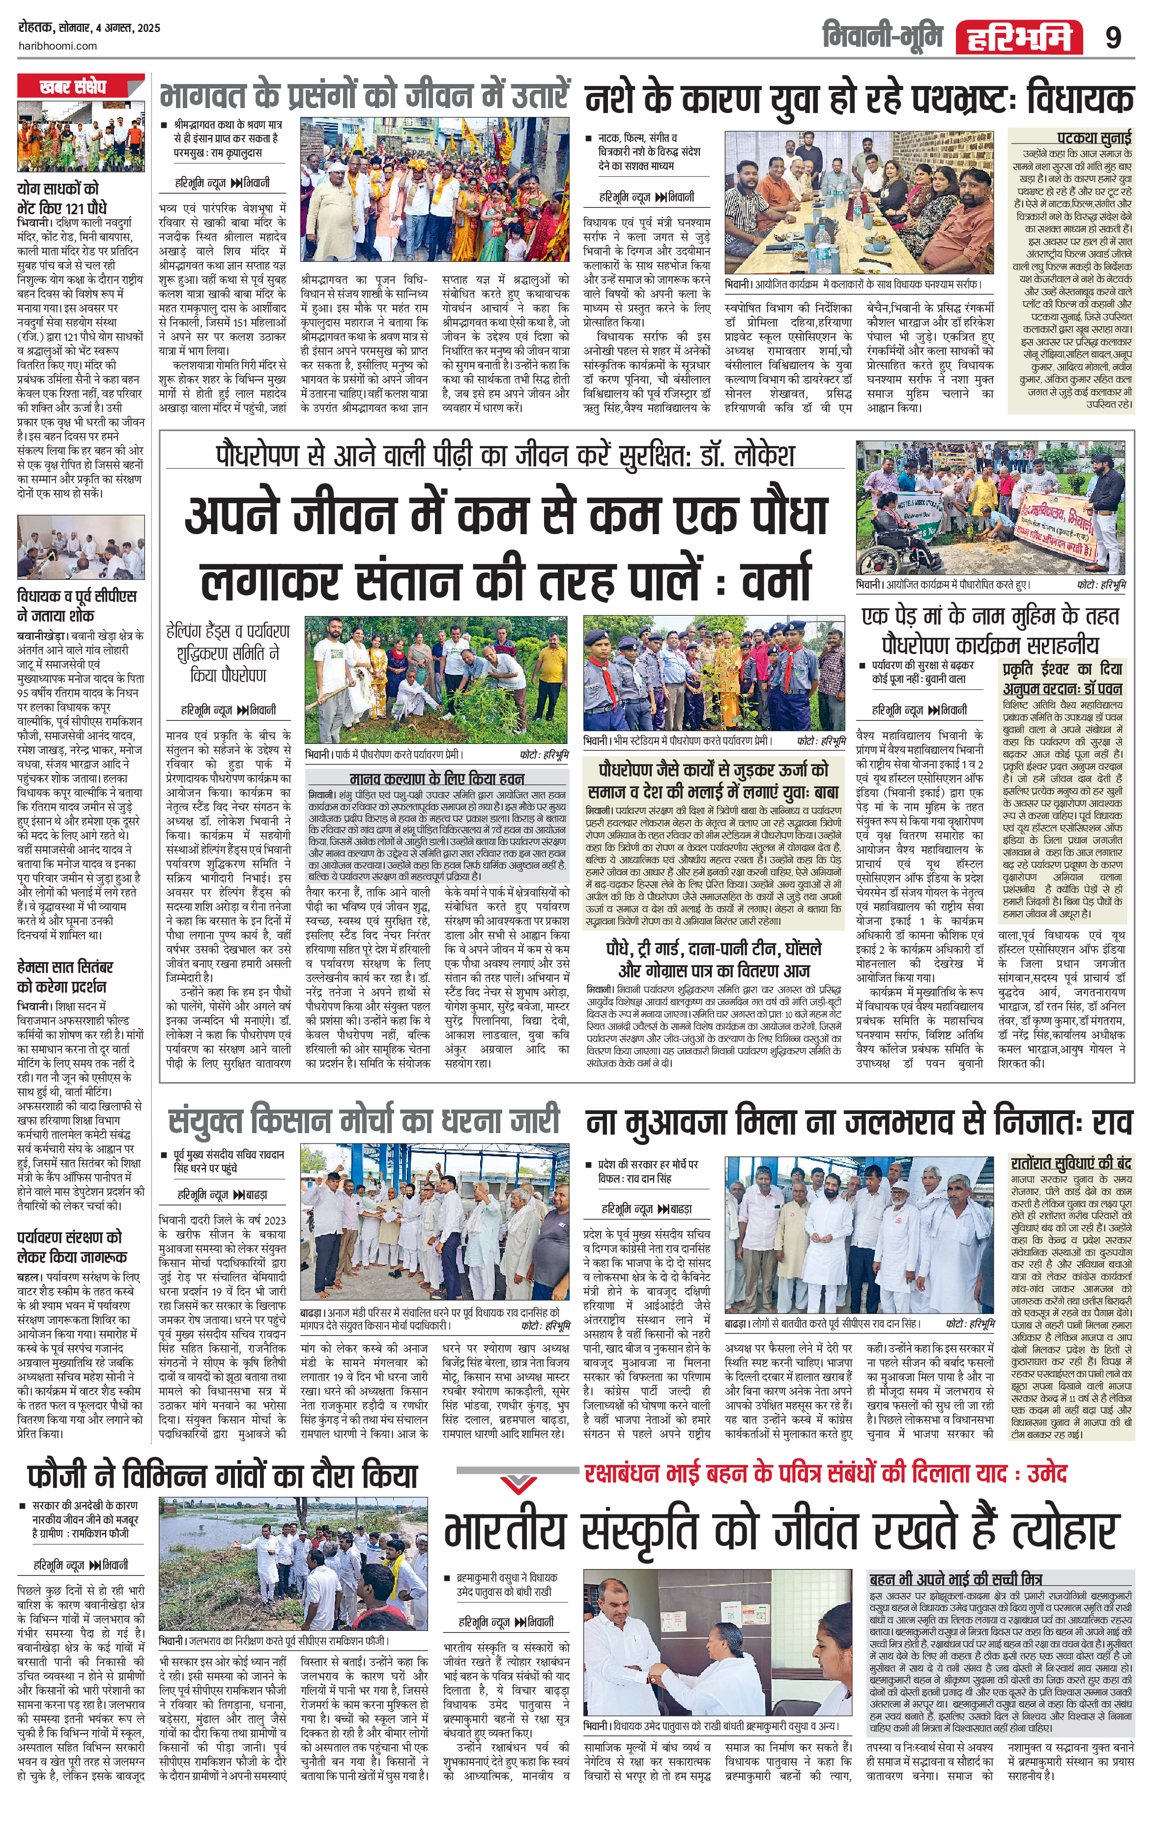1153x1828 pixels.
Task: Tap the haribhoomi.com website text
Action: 57,46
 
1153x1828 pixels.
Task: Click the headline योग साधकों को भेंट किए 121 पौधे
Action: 62,198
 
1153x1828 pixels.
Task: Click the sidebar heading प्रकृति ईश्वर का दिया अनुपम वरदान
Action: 1061,679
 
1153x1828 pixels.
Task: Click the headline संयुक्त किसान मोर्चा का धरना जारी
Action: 364,1121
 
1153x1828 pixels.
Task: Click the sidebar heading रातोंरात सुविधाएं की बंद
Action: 1070,1163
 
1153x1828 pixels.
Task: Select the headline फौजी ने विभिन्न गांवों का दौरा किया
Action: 223,1475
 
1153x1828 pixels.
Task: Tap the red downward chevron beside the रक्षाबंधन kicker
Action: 519,1482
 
